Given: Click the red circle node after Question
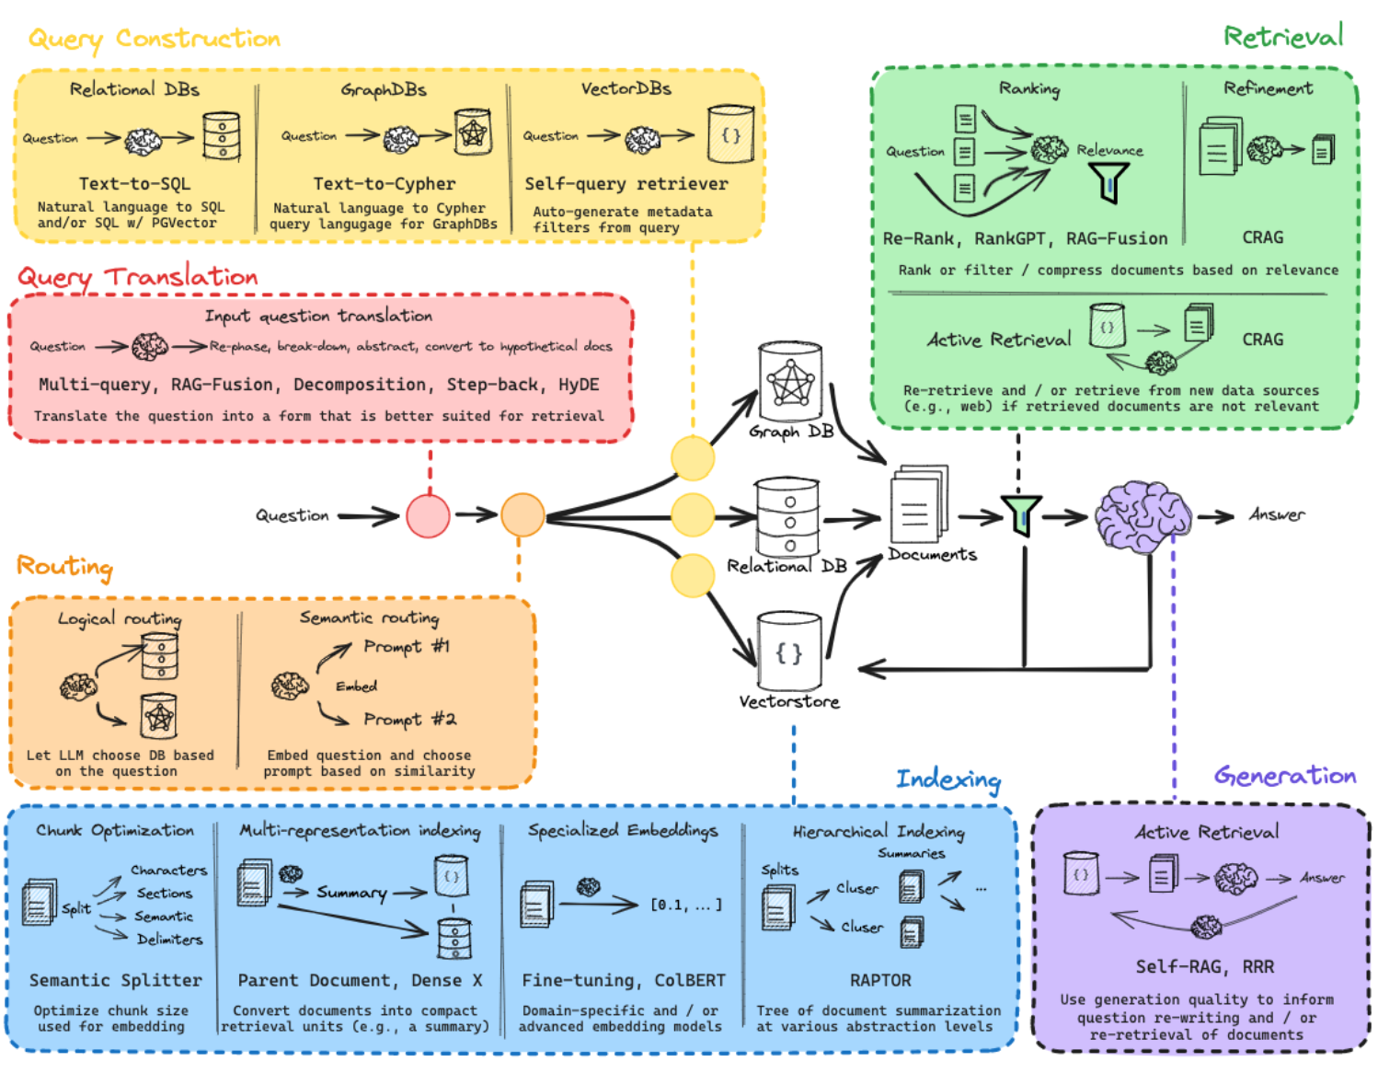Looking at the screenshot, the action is coord(428,516).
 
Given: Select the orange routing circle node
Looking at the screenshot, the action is coord(522,515).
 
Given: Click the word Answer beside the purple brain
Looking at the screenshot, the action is coord(1277,514).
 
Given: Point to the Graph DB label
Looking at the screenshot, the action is coord(791,433).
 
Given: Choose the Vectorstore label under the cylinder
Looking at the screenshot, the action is coord(789,701).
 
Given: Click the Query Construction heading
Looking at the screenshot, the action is coord(155,40).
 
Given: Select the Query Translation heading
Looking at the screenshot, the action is coord(138,278).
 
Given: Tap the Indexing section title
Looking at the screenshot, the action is coord(948,779).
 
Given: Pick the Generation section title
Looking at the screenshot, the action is coord(1285,776).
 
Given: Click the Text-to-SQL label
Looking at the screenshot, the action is coord(134,184).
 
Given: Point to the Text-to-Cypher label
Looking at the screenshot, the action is coord(385,184).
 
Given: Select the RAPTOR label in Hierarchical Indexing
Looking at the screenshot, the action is coord(880,980).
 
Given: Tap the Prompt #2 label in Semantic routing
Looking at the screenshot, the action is coord(409,719).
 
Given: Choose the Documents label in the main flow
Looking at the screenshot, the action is coord(932,554).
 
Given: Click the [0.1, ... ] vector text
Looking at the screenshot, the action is coord(687,905).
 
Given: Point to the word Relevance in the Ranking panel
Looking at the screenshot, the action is coord(1109,150).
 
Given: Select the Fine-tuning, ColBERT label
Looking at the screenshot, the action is coord(624,980).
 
